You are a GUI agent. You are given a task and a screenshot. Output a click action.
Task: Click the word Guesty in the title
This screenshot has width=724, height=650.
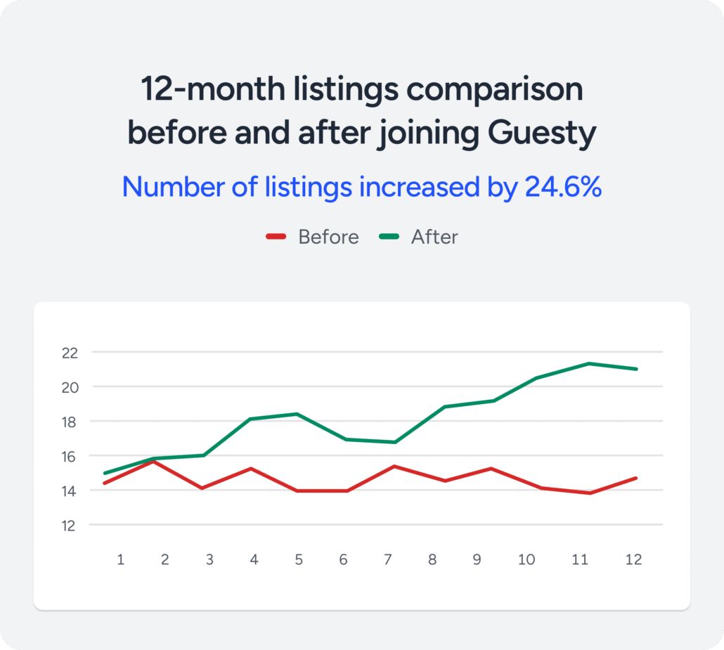click(542, 134)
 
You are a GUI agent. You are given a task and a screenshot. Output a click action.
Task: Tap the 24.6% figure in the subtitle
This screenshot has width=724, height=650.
click(563, 187)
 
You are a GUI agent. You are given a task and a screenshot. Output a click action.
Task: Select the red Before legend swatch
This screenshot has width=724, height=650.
click(276, 237)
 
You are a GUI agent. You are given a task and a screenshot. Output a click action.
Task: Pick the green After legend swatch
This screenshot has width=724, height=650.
click(389, 237)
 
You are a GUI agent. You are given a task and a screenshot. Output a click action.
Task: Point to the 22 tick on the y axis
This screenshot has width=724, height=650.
click(70, 353)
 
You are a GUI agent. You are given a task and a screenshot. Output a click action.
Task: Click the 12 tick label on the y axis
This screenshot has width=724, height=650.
click(68, 526)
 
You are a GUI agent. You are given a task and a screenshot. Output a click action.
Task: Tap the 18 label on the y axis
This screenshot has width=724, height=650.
click(69, 422)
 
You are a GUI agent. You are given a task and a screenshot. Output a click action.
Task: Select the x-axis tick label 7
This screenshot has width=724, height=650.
click(388, 559)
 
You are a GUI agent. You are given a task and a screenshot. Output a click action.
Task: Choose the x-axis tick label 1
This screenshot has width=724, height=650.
click(120, 559)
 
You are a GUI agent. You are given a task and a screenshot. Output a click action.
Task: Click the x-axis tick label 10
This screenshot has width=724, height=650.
click(526, 559)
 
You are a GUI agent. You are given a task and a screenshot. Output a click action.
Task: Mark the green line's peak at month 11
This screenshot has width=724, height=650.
click(589, 364)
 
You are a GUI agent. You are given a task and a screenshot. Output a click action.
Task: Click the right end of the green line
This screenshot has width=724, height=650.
click(636, 369)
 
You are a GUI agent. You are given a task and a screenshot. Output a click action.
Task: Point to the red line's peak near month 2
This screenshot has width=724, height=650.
click(153, 461)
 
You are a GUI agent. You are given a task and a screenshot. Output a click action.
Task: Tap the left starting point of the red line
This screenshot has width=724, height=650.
click(105, 483)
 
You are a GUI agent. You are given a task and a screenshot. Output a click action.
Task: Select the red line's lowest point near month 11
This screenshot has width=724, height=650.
click(590, 493)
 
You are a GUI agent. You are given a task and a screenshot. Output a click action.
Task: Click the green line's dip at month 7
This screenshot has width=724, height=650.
click(395, 442)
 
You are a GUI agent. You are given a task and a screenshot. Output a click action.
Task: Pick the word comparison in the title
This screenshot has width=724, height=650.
click(495, 91)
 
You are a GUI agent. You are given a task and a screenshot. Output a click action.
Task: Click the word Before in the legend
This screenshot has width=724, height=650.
click(328, 237)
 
